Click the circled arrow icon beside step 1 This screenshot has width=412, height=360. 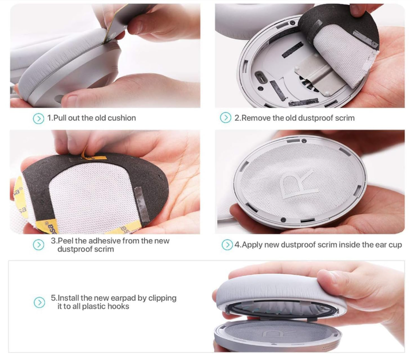tap(38, 119)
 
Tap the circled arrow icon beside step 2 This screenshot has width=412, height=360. tap(225, 118)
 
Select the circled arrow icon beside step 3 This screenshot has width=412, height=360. tap(38, 245)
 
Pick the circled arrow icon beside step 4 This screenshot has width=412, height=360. tap(227, 245)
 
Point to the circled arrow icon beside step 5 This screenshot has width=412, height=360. tap(39, 302)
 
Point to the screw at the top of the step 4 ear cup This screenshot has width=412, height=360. tap(304, 141)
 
